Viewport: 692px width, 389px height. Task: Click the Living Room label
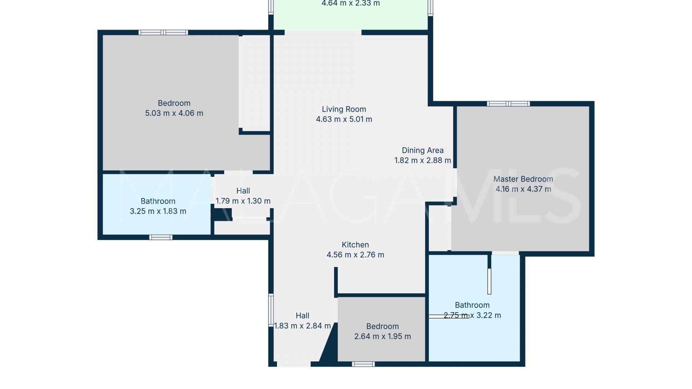[x=344, y=109]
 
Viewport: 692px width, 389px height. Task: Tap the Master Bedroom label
[x=523, y=179]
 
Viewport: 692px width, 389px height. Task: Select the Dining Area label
[x=423, y=150]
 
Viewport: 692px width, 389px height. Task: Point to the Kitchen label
[x=355, y=245]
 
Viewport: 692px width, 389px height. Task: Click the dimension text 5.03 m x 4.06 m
[x=174, y=113]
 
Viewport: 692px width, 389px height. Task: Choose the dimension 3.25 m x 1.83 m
[x=158, y=211]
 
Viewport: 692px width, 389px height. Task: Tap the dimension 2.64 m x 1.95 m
[x=382, y=336]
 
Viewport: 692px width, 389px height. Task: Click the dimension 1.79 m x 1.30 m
[x=243, y=201]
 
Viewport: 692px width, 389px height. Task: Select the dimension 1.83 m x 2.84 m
[x=302, y=326]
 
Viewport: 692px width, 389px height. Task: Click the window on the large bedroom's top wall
[x=163, y=32]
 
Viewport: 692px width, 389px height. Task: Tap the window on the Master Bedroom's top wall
[x=508, y=104]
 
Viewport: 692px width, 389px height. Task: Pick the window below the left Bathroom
[x=161, y=237]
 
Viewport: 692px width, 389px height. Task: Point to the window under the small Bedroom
[x=363, y=364]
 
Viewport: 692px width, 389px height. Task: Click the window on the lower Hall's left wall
[x=271, y=310]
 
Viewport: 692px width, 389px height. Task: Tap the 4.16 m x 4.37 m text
[x=523, y=189]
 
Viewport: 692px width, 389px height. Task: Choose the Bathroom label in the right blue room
[x=472, y=305]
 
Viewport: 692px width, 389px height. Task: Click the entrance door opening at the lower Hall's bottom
[x=294, y=364]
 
